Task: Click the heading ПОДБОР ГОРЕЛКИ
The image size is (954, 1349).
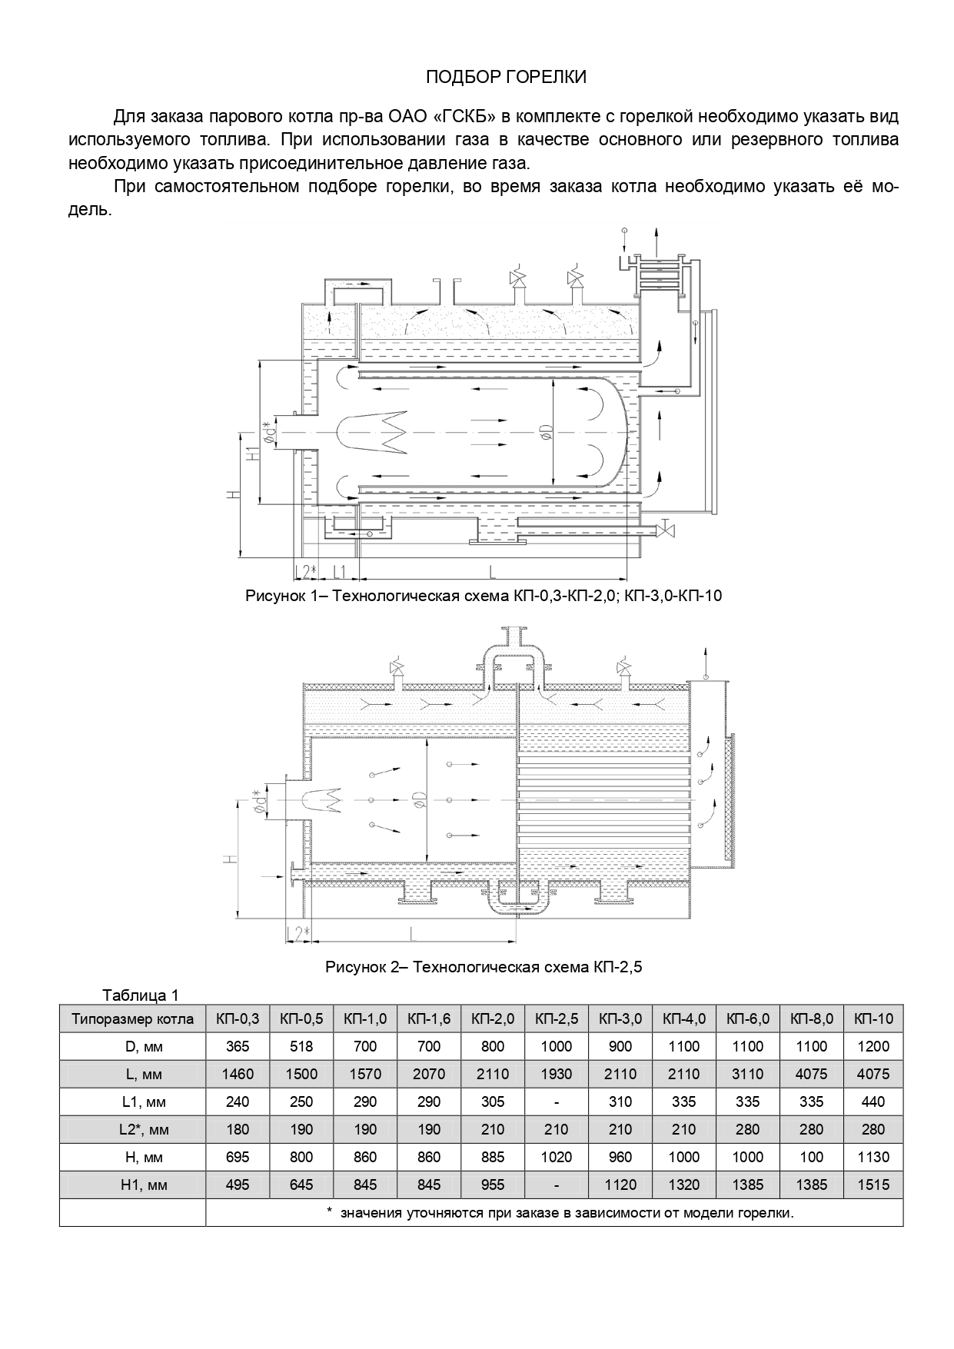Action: [506, 77]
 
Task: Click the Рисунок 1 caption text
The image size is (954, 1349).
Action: [484, 596]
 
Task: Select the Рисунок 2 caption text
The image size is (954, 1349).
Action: [484, 967]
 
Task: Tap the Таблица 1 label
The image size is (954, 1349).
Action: [140, 995]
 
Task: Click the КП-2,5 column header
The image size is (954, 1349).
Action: [556, 1019]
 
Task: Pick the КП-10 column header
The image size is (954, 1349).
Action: [873, 1019]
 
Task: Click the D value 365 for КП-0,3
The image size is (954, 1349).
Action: [238, 1046]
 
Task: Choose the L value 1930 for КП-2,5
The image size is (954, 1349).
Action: [556, 1074]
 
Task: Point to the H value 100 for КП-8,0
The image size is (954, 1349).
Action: [812, 1157]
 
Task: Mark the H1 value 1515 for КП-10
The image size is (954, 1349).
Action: [873, 1185]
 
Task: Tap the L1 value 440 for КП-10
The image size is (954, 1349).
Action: [873, 1101]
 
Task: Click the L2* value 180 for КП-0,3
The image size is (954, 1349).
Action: [238, 1129]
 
